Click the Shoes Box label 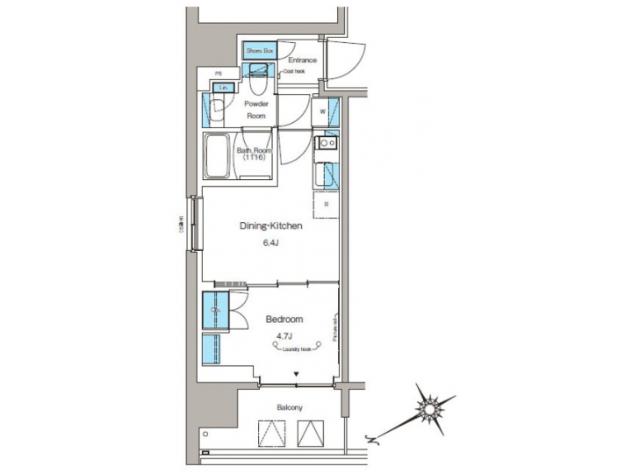tap(260, 52)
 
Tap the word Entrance tap(302, 61)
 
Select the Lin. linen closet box tap(225, 88)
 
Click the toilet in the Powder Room tap(259, 83)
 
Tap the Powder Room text tap(256, 110)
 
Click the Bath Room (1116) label tap(255, 154)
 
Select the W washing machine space tap(323, 112)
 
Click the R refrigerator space tap(326, 205)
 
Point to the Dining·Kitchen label tap(271, 226)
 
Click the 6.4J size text tap(271, 245)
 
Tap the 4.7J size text tap(284, 336)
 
